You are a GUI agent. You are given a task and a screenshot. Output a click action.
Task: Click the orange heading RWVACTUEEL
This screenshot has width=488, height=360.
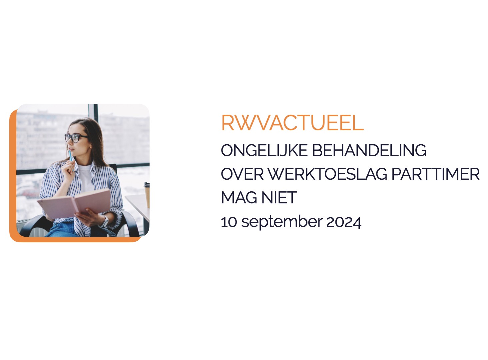[292, 123]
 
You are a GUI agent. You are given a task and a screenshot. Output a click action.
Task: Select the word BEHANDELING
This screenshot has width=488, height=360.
[369, 150]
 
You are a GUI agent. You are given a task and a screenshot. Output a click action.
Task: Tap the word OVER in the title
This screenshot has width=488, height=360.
[242, 174]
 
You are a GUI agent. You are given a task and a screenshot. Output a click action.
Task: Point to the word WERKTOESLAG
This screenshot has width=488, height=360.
[327, 174]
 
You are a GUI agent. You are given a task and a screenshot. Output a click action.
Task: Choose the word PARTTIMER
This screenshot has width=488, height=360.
[436, 174]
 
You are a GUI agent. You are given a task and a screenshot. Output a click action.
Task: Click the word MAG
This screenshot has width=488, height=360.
[239, 197]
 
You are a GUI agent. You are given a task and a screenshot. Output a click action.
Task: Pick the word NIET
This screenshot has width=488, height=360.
[279, 197]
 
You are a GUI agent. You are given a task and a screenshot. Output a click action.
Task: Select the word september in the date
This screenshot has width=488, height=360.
[282, 222]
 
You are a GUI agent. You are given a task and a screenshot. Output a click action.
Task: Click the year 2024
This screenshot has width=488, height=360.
[344, 222]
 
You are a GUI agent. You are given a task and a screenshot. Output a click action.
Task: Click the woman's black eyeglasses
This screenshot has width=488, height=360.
[76, 138]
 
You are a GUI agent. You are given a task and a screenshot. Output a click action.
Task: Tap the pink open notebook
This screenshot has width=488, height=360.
[74, 204]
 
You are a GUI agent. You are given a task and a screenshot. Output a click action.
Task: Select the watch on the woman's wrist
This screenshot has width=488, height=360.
[105, 222]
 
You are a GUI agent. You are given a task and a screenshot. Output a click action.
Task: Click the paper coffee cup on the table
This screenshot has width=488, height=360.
[147, 195]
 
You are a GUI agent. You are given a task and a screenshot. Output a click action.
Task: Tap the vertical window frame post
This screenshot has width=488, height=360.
[93, 113]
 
